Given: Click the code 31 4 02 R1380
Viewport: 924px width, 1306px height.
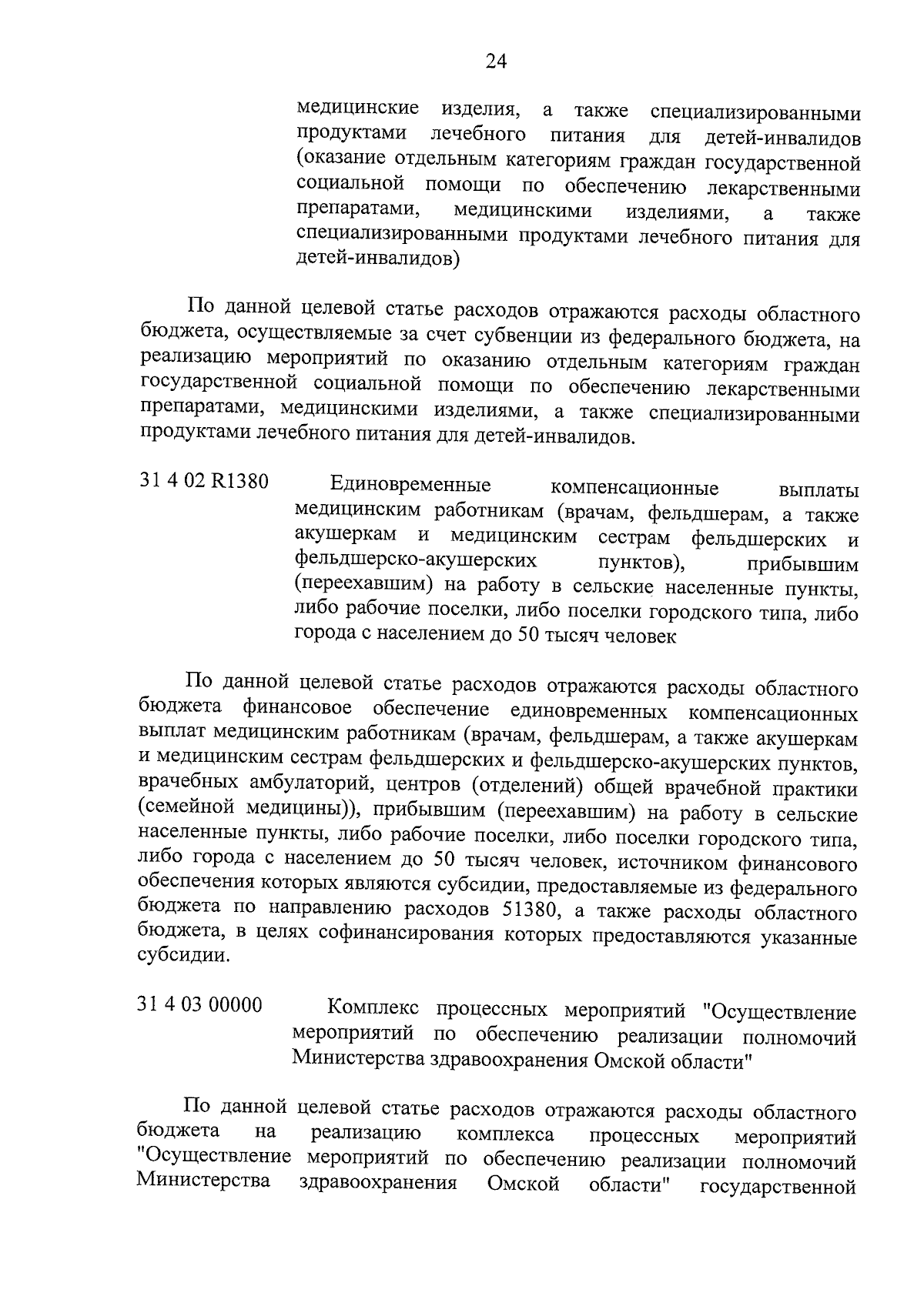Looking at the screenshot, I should (x=204, y=483).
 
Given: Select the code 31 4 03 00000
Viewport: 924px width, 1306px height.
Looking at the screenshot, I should (x=200, y=1005).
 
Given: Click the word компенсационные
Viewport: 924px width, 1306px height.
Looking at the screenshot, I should (x=634, y=489).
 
